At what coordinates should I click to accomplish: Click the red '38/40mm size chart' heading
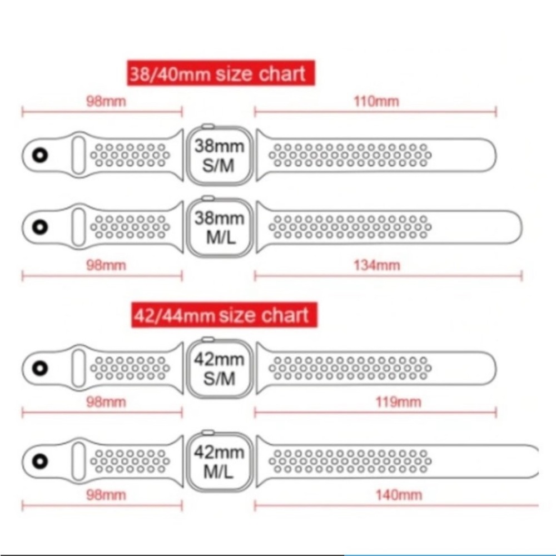(217, 73)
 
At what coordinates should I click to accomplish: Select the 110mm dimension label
(376, 101)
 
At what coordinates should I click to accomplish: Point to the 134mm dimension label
(376, 265)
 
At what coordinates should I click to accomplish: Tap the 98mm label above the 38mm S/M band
(106, 101)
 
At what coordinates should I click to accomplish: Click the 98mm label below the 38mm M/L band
(106, 265)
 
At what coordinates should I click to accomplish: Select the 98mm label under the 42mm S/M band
(106, 402)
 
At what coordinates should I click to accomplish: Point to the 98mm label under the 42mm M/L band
(106, 494)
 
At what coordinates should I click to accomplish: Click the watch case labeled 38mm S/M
(219, 155)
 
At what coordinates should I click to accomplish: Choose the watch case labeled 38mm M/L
(219, 226)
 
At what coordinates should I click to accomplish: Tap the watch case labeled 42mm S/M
(219, 369)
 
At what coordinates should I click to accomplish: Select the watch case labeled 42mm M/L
(219, 461)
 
